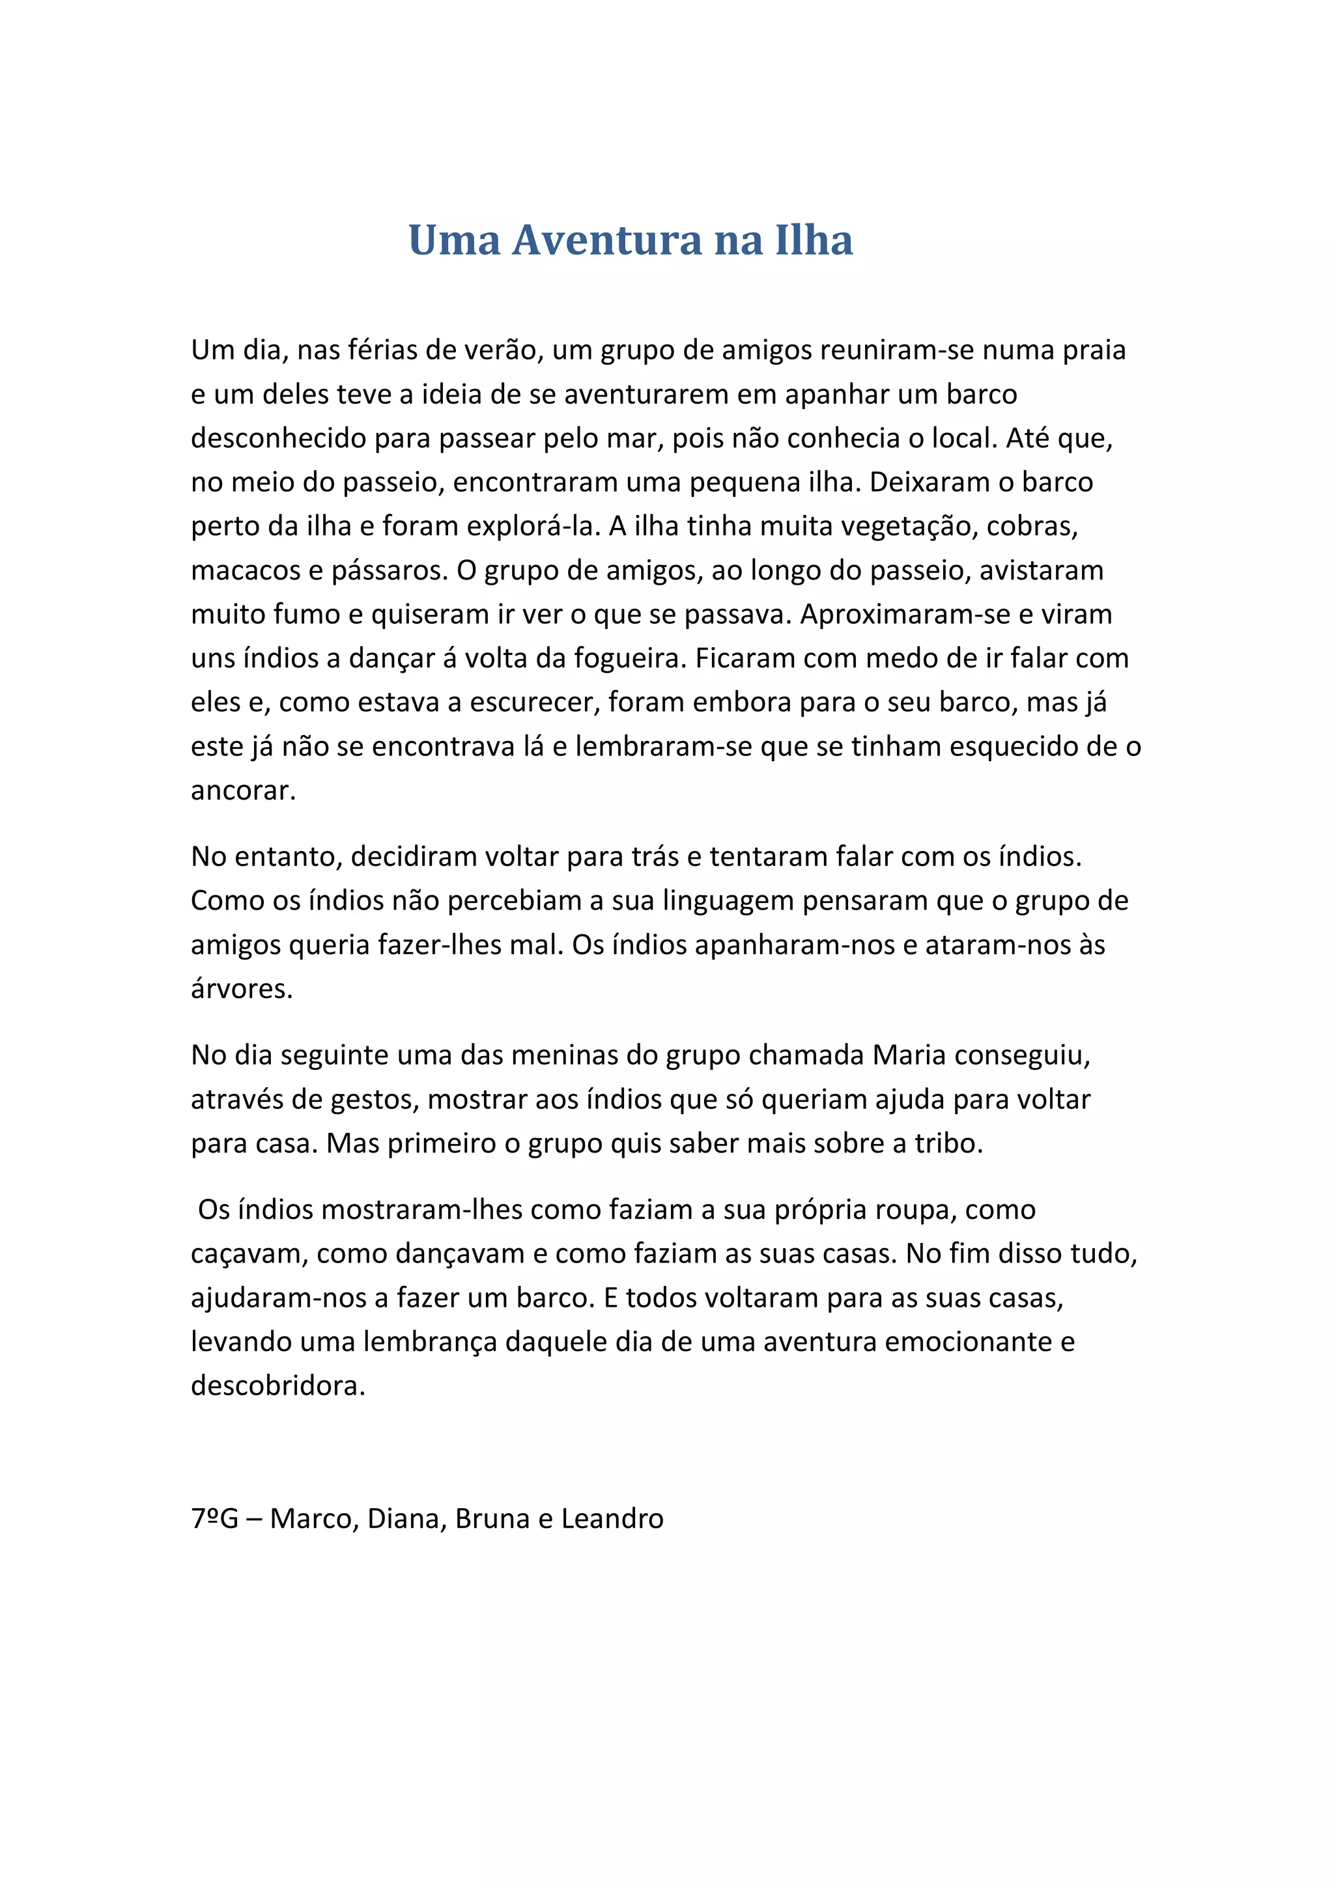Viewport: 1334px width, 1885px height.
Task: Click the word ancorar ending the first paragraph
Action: point(242,790)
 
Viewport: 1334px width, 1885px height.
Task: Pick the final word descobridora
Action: point(277,1387)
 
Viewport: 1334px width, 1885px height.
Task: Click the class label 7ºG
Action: point(214,1519)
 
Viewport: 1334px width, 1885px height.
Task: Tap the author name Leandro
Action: point(612,1519)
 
